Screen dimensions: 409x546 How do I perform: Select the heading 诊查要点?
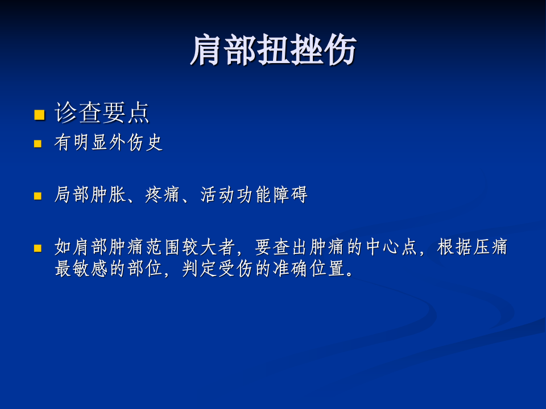point(102,113)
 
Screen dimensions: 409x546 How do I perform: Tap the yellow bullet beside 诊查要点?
point(39,115)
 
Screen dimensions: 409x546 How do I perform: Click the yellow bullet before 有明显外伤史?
point(38,144)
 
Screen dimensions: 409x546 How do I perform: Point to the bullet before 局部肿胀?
point(38,196)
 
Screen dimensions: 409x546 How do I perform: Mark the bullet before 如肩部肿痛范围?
point(38,248)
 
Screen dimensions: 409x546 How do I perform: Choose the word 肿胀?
point(108,195)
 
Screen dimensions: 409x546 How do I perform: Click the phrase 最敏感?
point(81,268)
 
